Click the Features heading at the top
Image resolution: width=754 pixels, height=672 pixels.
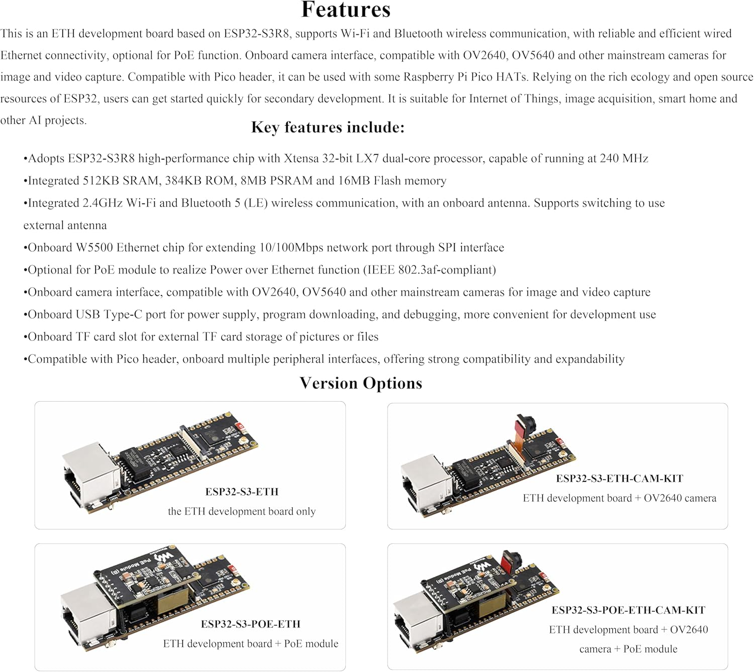[346, 10]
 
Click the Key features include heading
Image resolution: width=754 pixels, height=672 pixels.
[328, 127]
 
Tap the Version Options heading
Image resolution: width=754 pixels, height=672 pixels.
[361, 383]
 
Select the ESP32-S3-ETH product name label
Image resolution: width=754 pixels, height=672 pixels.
[242, 492]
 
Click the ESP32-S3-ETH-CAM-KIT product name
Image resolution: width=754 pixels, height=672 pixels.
[619, 478]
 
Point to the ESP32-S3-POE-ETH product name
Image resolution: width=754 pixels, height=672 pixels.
[250, 624]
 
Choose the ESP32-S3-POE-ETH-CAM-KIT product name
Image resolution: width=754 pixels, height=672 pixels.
[628, 610]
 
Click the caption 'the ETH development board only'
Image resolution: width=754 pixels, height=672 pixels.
[242, 511]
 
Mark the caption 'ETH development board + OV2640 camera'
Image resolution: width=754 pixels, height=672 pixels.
[619, 498]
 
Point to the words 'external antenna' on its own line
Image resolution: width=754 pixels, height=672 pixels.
[65, 225]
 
